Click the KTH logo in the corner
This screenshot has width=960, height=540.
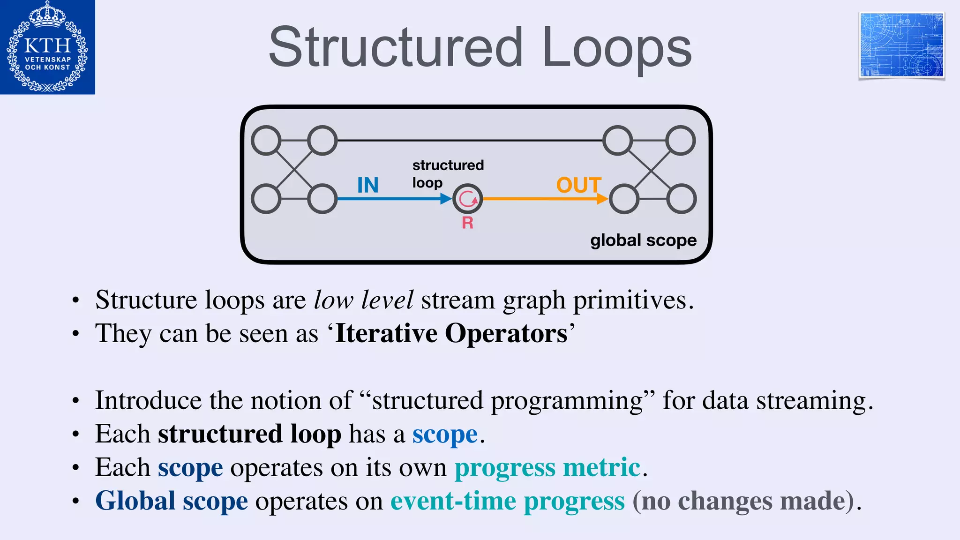(47, 47)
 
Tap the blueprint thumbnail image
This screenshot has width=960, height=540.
(901, 45)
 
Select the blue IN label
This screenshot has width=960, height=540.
(367, 185)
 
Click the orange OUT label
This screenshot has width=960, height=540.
(578, 185)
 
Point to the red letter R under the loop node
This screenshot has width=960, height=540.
(467, 223)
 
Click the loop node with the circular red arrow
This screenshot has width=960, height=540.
(467, 199)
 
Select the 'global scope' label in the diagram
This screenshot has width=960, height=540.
(643, 240)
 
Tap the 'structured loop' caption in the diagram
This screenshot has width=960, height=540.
(447, 173)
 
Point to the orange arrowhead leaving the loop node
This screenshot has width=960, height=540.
(602, 199)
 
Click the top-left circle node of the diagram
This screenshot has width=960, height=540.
(266, 140)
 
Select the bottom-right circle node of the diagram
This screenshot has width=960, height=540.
(682, 199)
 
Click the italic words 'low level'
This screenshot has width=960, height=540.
(363, 300)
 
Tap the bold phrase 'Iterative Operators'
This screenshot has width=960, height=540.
(451, 334)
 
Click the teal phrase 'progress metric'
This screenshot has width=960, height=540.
(547, 467)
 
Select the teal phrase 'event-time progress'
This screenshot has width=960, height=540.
(507, 501)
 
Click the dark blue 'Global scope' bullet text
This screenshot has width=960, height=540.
(171, 501)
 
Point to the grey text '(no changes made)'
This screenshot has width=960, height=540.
(745, 501)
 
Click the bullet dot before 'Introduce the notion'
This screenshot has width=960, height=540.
(76, 401)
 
